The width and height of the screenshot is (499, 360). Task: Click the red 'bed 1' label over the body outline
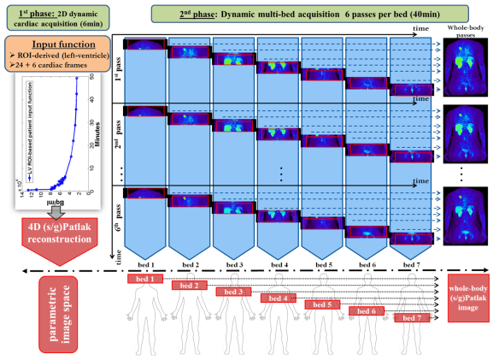coord(145,278)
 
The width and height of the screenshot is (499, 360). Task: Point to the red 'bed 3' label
coord(233,292)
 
